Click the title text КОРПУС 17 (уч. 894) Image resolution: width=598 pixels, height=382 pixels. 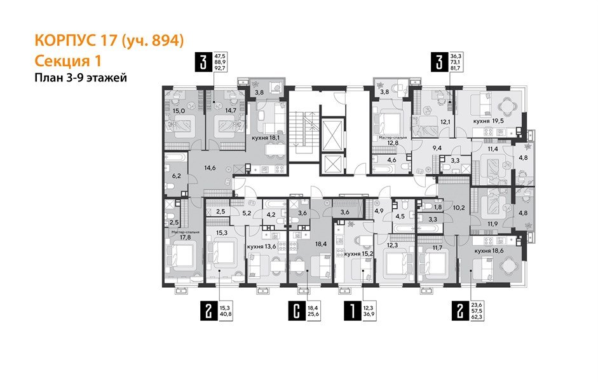tap(109, 41)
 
